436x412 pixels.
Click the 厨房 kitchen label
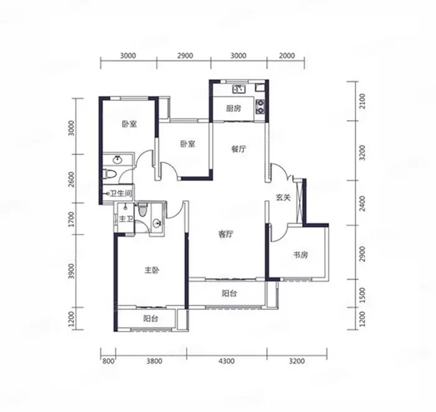pos(234,108)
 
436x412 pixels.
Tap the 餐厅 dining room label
pos(239,149)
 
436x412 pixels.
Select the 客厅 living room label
pos(225,235)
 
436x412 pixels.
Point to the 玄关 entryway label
pos(283,197)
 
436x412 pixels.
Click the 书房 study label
pos(301,255)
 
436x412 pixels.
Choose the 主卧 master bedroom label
pos(152,270)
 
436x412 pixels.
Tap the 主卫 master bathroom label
pos(126,219)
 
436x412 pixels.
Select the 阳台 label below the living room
pos(229,293)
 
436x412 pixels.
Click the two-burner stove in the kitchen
pos(260,107)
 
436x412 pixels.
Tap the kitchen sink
pos(239,89)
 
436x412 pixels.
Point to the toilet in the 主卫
pos(143,210)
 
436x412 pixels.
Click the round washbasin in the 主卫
pos(157,223)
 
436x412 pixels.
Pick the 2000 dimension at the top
pos(287,55)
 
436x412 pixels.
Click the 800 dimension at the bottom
pos(108,361)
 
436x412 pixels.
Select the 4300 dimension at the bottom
pos(227,361)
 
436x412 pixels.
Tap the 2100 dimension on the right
pos(362,101)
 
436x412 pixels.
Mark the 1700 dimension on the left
pos(72,219)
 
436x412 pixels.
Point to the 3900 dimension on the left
pos(72,271)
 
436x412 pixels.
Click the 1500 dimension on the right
pos(362,294)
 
